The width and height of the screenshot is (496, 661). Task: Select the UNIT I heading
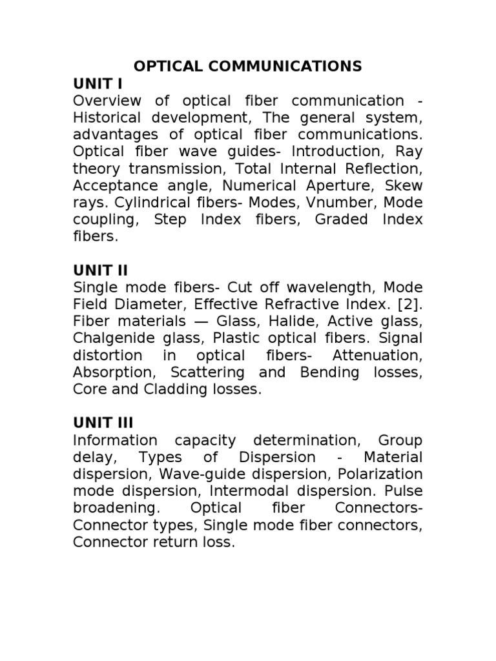tap(98, 84)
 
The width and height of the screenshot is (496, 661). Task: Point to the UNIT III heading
tap(103, 423)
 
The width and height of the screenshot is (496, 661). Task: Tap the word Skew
tap(405, 185)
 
